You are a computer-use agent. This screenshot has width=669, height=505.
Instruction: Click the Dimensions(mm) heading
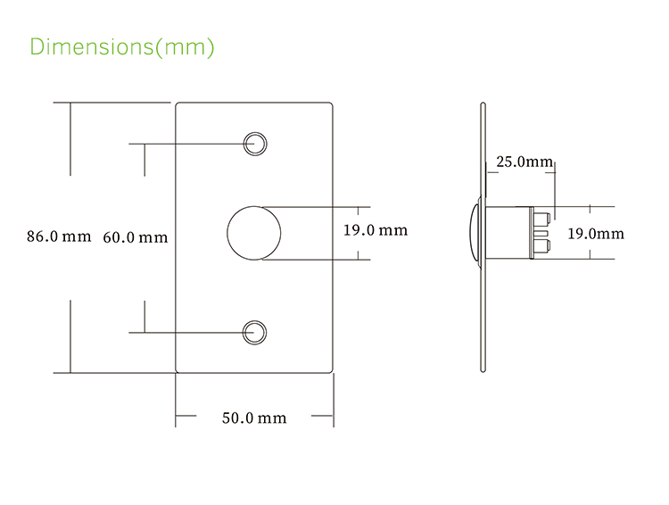click(x=122, y=46)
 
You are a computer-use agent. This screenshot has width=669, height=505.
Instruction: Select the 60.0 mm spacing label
click(x=135, y=237)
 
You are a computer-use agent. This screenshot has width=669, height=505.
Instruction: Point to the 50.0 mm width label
click(x=254, y=418)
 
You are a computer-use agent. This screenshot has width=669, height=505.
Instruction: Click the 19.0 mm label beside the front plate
click(x=375, y=230)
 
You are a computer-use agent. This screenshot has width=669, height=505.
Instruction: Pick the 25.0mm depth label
click(x=524, y=161)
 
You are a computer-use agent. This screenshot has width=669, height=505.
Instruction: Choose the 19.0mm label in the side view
click(x=596, y=234)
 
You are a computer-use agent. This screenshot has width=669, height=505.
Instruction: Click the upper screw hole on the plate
click(x=255, y=142)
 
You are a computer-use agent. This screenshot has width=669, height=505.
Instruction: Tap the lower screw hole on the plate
click(x=255, y=332)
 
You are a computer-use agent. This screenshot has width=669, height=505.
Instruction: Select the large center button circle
click(x=254, y=233)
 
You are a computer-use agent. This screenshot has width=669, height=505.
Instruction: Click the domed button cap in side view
click(x=474, y=233)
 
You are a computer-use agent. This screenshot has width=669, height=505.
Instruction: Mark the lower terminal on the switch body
click(x=541, y=244)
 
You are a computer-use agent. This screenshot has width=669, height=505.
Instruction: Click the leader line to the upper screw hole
click(x=187, y=142)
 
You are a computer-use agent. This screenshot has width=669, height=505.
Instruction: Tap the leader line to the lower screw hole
click(x=187, y=332)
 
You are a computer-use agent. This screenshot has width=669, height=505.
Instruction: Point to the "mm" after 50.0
click(x=273, y=418)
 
